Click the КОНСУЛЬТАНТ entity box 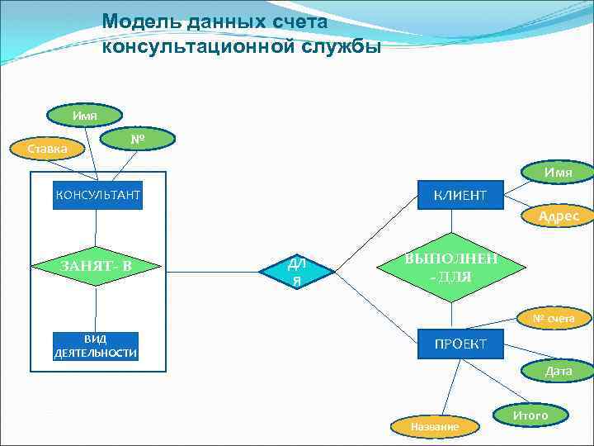97,195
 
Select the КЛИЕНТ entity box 460,195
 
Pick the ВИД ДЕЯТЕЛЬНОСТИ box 96,346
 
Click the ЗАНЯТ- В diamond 97,265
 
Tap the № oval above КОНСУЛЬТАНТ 138,139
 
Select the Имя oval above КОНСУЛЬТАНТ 85,115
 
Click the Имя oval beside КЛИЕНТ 559,172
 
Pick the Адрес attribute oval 559,216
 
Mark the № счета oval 559,317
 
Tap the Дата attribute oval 559,372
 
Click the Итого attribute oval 530,415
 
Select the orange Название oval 435,426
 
